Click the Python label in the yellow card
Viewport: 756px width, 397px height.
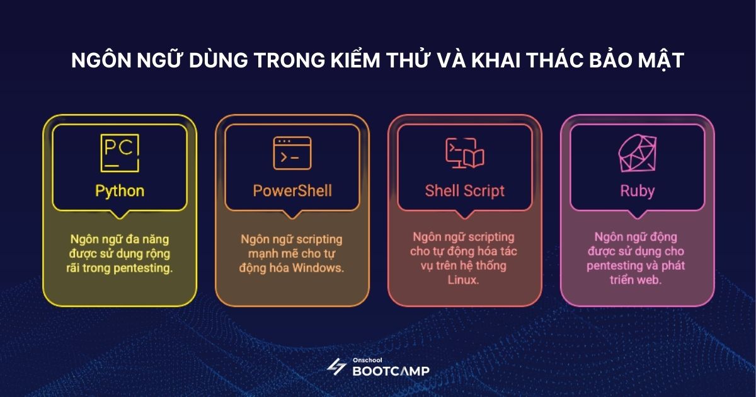[120, 191]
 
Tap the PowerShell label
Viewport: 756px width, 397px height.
[292, 191]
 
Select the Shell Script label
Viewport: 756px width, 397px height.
[464, 191]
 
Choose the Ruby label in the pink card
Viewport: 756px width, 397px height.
[637, 191]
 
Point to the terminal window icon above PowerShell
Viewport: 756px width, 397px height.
[292, 153]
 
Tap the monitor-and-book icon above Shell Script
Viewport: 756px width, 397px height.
[464, 153]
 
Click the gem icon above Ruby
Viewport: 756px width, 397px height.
[637, 154]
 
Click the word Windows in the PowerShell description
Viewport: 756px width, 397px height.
[319, 267]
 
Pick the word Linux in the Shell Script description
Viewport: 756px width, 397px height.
[464, 280]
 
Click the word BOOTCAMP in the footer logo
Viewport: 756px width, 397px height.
[390, 371]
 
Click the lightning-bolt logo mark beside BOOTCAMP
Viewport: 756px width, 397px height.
[336, 367]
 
